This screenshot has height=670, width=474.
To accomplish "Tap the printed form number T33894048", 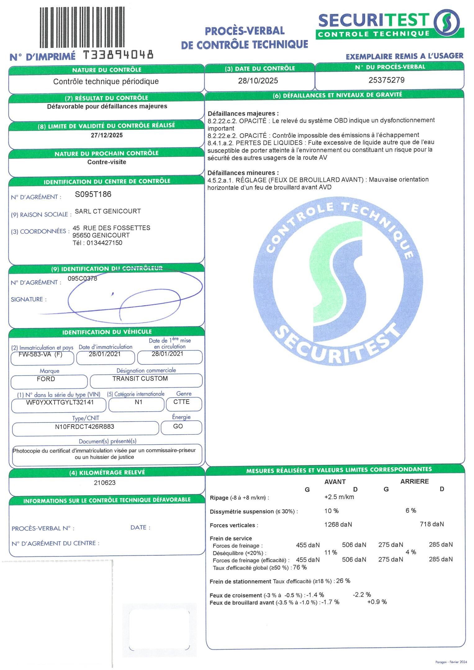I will pos(118,55).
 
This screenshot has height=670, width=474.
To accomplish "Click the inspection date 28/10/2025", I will pos(258,81).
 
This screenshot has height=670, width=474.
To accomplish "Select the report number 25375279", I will pos(386,80).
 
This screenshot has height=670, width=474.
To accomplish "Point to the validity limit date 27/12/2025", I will pos(107,135).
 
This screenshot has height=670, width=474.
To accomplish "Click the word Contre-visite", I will pos(107,162).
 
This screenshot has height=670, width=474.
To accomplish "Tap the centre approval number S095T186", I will pos(93,194).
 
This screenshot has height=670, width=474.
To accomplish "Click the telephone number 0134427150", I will pos(104,243).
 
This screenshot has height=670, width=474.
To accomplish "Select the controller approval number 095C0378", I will pos(82,278).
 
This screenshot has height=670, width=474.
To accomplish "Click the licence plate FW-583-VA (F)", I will pos(41,354).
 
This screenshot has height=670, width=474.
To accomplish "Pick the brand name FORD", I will pos(46,379).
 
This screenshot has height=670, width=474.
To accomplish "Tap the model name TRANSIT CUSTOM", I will pos(140,378).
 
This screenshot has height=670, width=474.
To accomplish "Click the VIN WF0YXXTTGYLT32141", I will pos(60,402).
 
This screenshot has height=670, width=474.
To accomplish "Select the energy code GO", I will pos(178,426).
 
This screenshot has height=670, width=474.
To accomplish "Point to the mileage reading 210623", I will pos(105,482).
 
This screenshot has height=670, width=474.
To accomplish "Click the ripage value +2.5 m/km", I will pos(339,497).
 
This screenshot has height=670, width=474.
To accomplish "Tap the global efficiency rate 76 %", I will pos(300,567).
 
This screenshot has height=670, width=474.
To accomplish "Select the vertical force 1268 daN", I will pos(338,524).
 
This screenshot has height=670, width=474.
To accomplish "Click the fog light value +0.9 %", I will pos(377,602).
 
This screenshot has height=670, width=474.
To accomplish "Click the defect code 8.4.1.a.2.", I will pos(220,143).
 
